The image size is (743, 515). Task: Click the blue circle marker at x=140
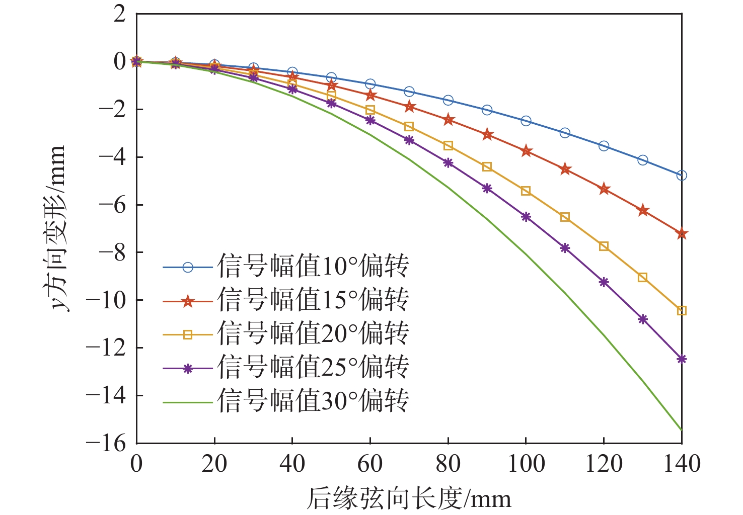click(682, 176)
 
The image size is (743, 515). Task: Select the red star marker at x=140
click(682, 234)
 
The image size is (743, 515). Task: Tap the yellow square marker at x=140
click(682, 311)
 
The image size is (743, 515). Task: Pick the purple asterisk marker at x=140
click(682, 359)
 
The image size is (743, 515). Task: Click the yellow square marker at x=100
click(526, 191)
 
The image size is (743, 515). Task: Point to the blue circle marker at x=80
click(448, 101)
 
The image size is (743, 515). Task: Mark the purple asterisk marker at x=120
click(604, 282)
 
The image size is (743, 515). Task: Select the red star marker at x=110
click(565, 169)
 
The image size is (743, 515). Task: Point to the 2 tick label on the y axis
click(119, 14)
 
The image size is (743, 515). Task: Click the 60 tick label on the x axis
click(370, 464)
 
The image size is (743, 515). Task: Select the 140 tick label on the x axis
click(682, 464)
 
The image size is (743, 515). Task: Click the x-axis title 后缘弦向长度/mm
click(409, 498)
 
